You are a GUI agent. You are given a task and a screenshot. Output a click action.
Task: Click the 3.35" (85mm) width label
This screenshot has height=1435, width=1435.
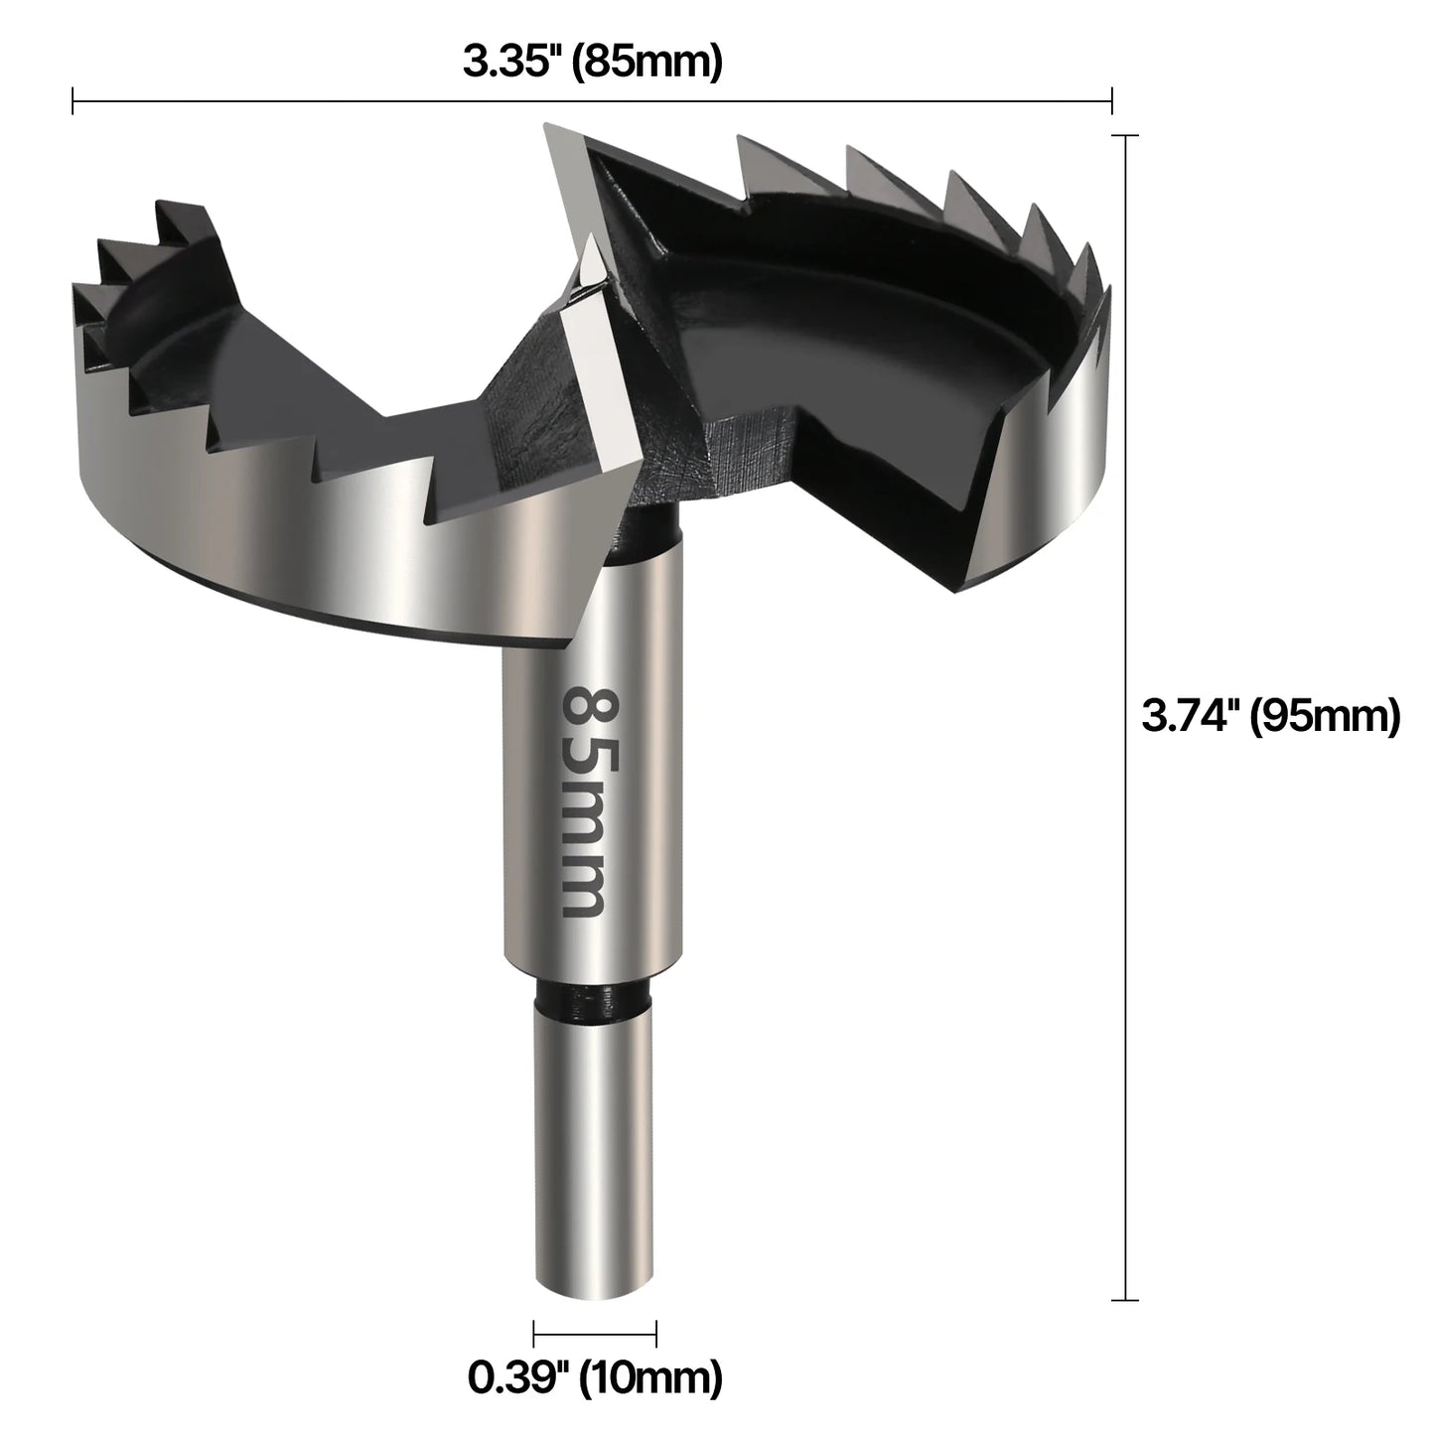tap(592, 63)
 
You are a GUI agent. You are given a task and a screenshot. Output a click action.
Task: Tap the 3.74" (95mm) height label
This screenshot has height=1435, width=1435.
tap(1270, 715)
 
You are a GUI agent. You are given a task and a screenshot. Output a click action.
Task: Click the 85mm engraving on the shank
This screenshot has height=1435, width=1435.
tap(585, 800)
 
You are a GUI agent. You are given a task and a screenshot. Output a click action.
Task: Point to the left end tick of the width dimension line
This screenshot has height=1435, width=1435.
tap(73, 100)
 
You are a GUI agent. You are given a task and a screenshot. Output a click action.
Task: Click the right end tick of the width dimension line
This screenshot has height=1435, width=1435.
tap(1111, 100)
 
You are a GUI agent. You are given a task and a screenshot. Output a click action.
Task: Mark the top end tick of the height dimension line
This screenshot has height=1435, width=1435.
tap(1124, 135)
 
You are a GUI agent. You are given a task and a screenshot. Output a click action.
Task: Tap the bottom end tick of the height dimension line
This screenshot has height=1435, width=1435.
tap(1124, 1299)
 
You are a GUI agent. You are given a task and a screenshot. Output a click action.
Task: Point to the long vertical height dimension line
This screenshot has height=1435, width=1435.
tap(1124, 715)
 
